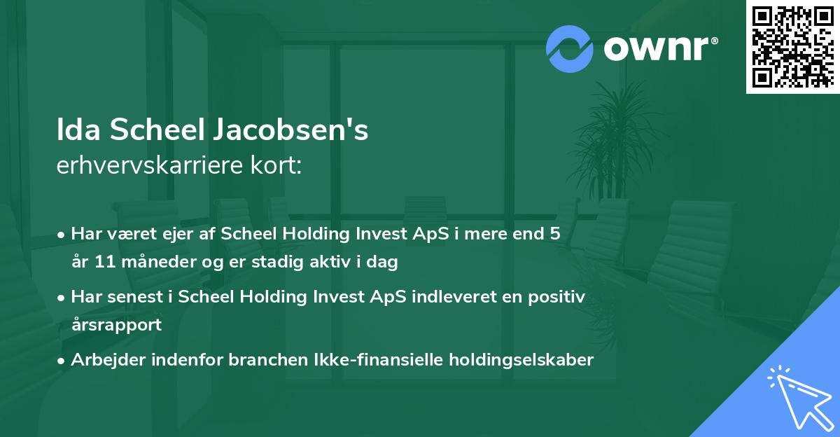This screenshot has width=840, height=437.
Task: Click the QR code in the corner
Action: pyautogui.click(x=792, y=47)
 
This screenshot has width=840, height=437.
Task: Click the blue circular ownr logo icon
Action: pyautogui.click(x=570, y=48)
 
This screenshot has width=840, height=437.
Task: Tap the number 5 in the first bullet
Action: pyautogui.click(x=554, y=234)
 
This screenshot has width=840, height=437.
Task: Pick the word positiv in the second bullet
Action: pyautogui.click(x=559, y=297)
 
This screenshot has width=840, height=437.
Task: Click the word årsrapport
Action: pyautogui.click(x=116, y=325)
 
